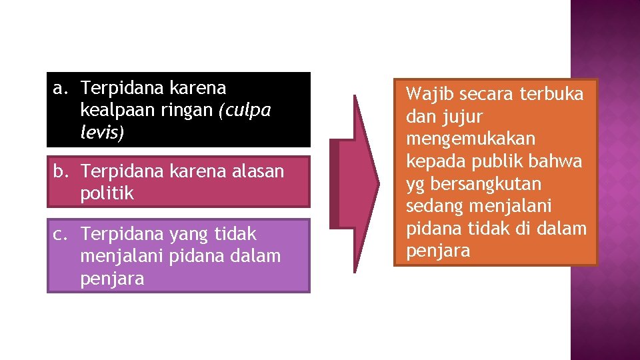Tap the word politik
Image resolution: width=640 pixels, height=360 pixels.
point(107,193)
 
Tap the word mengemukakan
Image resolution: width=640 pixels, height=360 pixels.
point(471,139)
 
